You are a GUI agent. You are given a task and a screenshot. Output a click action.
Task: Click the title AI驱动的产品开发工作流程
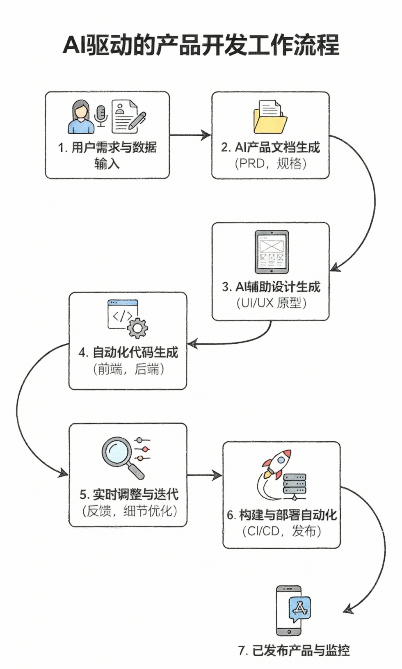201,45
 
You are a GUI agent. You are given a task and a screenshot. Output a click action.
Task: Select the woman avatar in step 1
81,117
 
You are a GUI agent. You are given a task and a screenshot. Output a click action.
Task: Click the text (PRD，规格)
271,164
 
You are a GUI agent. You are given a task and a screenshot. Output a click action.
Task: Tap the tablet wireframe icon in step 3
272,252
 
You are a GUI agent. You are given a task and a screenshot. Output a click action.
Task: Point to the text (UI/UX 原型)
272,303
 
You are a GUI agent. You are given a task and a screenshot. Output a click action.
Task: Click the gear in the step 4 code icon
137,328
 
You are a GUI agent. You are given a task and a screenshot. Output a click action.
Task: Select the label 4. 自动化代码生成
128,352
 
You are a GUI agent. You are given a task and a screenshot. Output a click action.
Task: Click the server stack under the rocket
295,486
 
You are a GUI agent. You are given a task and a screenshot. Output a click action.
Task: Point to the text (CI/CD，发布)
282,532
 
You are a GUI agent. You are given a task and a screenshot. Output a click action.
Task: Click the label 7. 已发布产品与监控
294,651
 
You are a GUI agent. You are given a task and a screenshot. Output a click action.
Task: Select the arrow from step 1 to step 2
190,135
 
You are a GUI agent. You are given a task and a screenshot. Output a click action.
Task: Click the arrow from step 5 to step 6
204,475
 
